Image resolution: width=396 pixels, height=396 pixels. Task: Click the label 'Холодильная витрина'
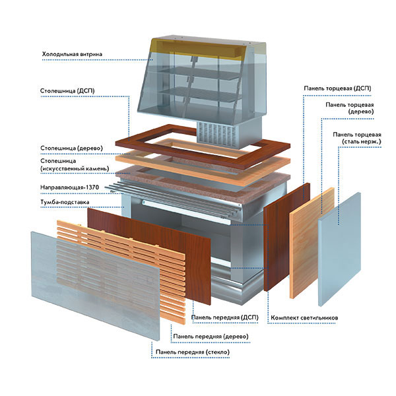72,54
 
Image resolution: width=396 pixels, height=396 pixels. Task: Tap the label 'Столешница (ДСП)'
67,90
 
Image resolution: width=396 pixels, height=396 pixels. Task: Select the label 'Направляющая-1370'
69,187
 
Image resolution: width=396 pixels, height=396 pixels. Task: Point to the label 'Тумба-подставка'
65,202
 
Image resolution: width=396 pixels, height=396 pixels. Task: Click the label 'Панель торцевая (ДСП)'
337,88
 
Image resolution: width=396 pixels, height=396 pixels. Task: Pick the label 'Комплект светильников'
304,317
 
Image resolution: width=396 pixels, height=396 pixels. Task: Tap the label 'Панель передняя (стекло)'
193,352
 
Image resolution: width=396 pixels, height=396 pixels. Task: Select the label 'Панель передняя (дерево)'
211,337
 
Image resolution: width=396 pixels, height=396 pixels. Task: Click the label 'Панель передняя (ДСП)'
225,317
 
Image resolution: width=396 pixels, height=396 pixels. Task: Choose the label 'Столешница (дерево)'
71,148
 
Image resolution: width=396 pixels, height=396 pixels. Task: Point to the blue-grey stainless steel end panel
339,249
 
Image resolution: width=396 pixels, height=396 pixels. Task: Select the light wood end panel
312,243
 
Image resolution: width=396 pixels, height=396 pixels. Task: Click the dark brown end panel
287,237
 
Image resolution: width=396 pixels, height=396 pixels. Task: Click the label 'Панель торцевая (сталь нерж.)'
356,138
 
